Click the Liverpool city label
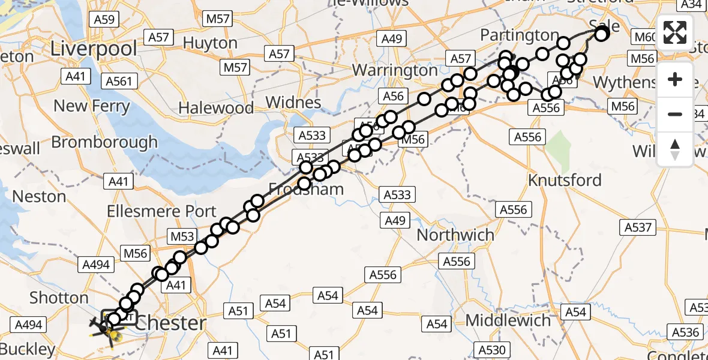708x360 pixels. (94, 49)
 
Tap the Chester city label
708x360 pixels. (171, 323)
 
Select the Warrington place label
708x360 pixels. (395, 70)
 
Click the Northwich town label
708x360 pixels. (455, 235)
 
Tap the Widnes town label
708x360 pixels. (293, 102)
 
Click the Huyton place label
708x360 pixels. (210, 43)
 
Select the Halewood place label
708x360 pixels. (217, 109)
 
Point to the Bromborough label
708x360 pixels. (104, 142)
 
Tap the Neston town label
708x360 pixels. (39, 196)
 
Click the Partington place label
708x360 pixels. (520, 35)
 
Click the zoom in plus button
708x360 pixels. (675, 79)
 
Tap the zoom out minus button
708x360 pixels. (675, 114)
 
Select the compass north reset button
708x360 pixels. (675, 149)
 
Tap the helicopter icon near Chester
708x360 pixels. (106, 328)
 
